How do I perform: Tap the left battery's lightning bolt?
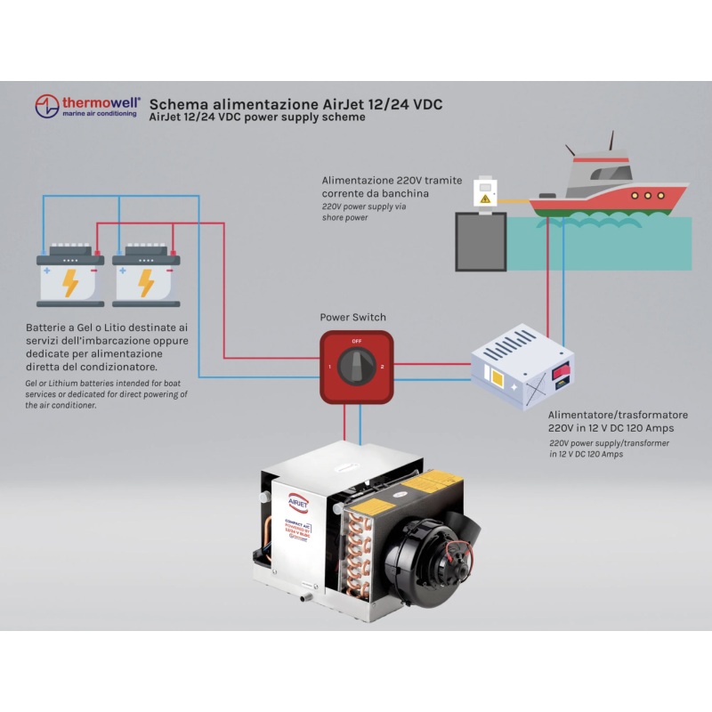[x=69, y=283]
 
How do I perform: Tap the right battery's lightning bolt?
[x=146, y=283]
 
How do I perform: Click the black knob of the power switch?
[x=356, y=365]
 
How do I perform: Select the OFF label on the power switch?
[x=356, y=341]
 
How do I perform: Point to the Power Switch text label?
[x=353, y=317]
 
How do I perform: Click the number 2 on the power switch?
[x=381, y=367]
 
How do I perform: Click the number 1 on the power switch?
[x=330, y=367]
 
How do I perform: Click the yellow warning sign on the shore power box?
[x=484, y=199]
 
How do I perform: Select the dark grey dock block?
[x=481, y=239]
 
